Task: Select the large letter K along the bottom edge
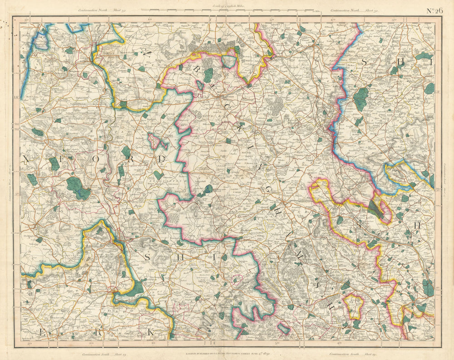click(x=150, y=333)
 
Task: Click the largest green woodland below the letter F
click(x=78, y=187)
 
